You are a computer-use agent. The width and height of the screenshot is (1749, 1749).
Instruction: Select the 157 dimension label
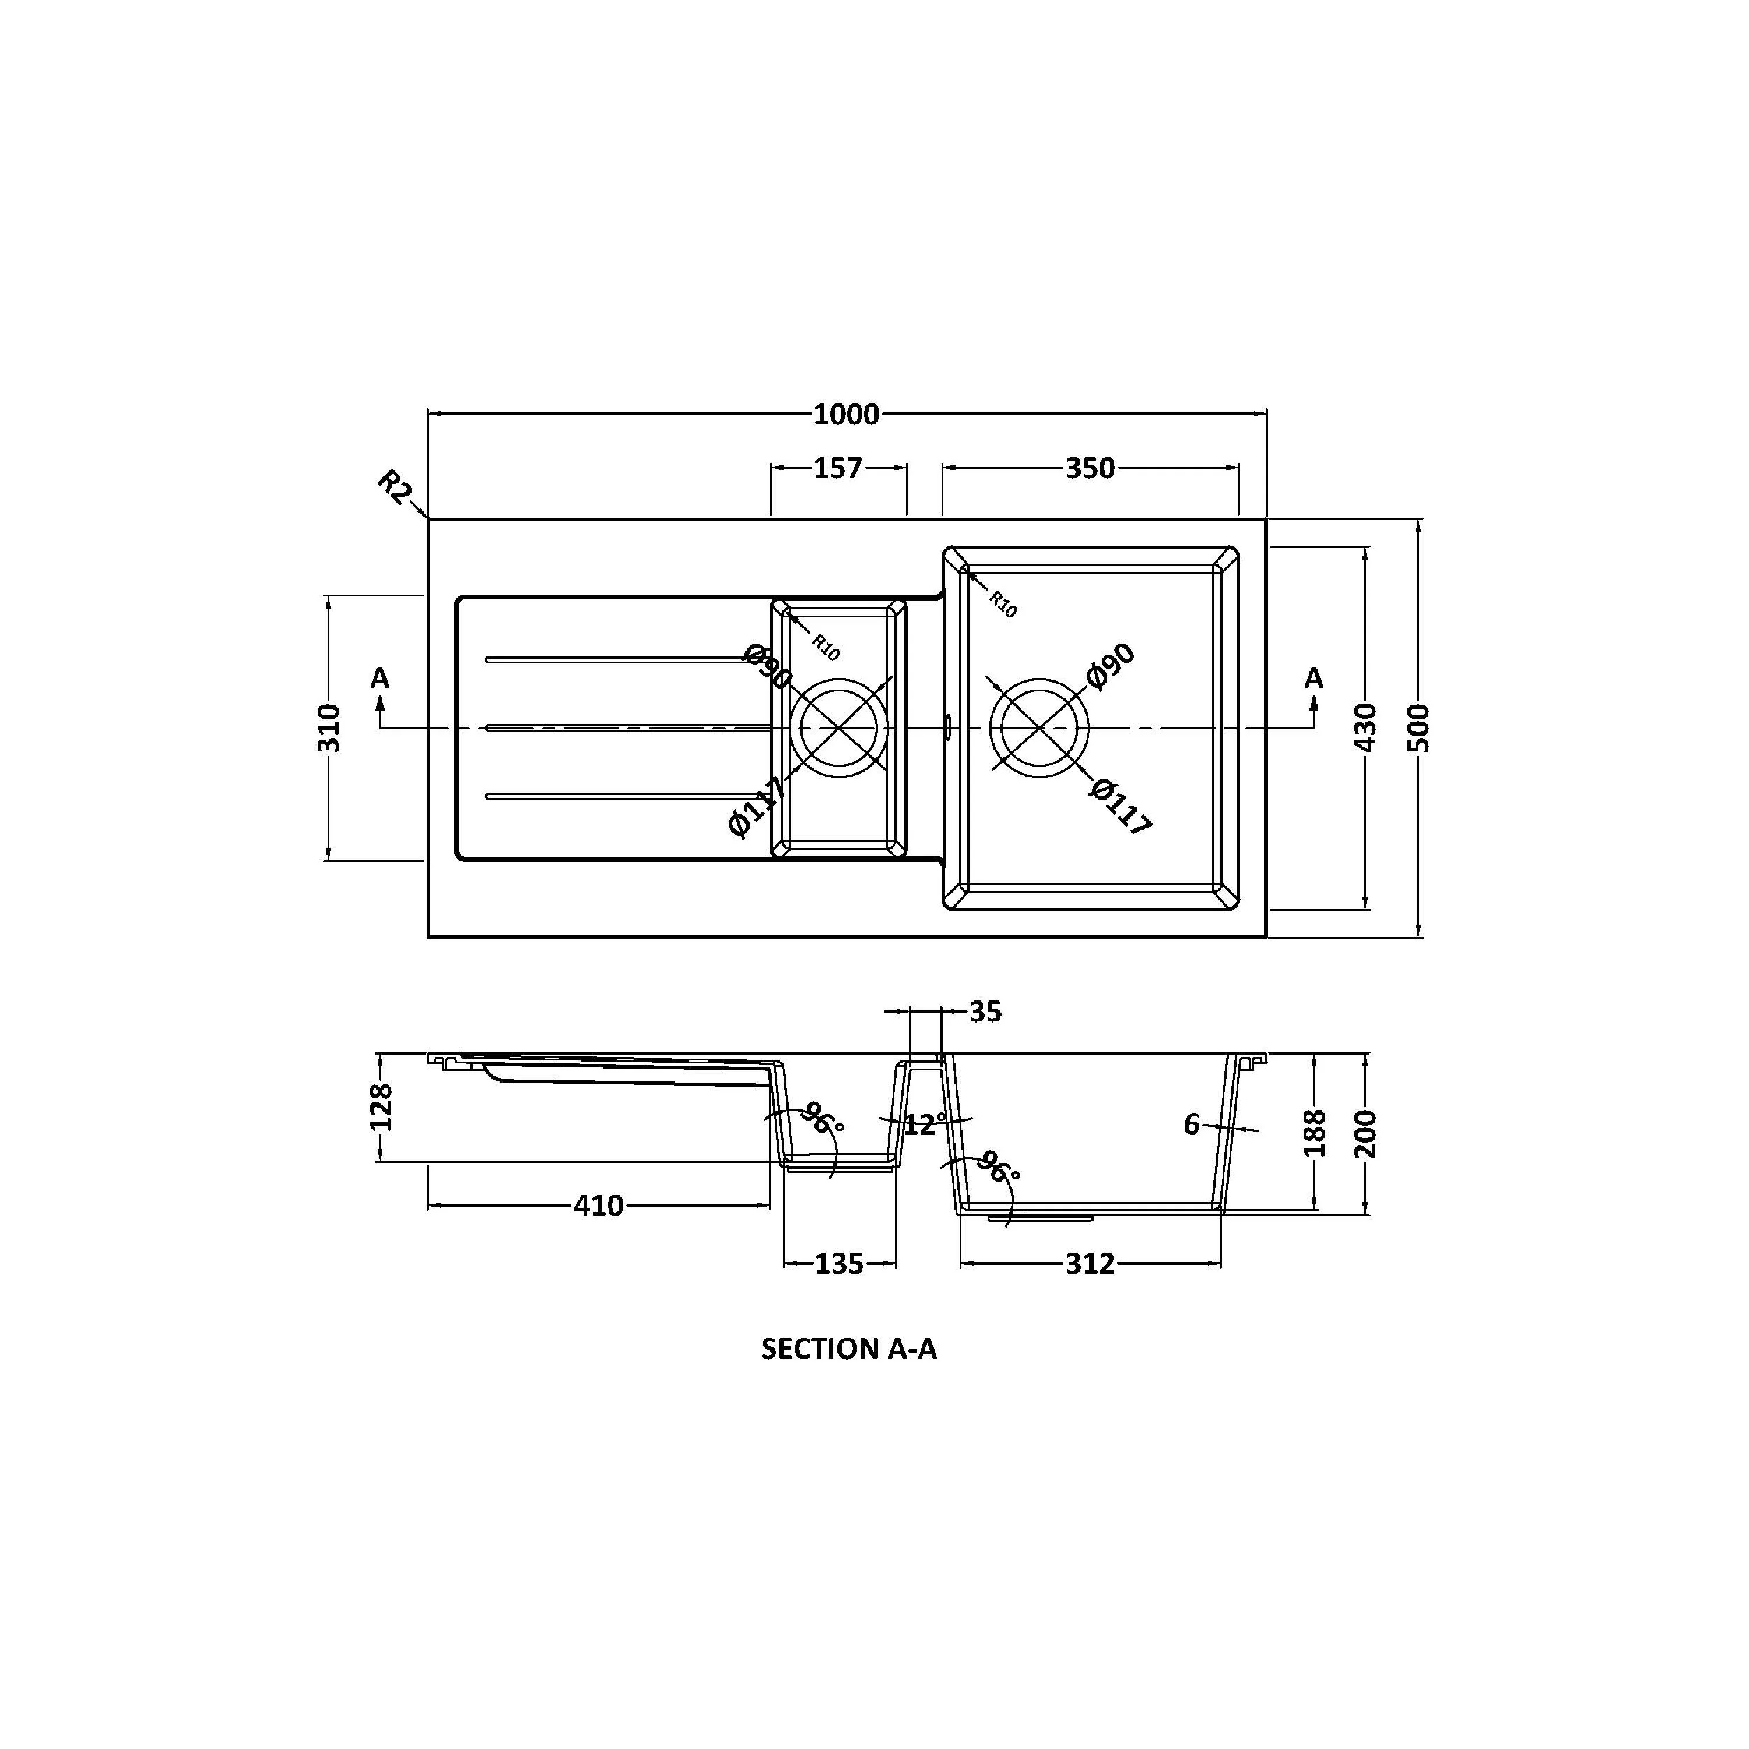coord(837,468)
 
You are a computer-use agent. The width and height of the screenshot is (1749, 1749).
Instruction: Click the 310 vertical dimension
coord(329,727)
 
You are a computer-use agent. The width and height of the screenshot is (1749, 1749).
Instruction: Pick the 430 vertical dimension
coord(1365,727)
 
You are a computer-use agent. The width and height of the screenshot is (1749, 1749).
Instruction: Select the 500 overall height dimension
coord(1420,727)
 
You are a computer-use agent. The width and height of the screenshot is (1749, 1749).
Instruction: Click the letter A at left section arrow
coord(380,678)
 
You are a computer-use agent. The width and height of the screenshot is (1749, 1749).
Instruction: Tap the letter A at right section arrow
coord(1313,678)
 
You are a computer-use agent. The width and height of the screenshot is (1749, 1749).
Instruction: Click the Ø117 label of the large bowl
coord(1120,806)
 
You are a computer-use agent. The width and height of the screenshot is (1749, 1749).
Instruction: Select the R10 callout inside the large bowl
coord(1002,604)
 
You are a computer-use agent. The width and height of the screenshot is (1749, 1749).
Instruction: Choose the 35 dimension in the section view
coord(985,1012)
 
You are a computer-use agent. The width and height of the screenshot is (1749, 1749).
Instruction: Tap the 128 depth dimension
coord(382,1107)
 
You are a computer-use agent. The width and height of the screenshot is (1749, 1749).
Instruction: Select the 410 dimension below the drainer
coord(598,1206)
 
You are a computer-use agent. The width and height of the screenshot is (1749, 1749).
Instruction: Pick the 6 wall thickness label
coord(1191,1125)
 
